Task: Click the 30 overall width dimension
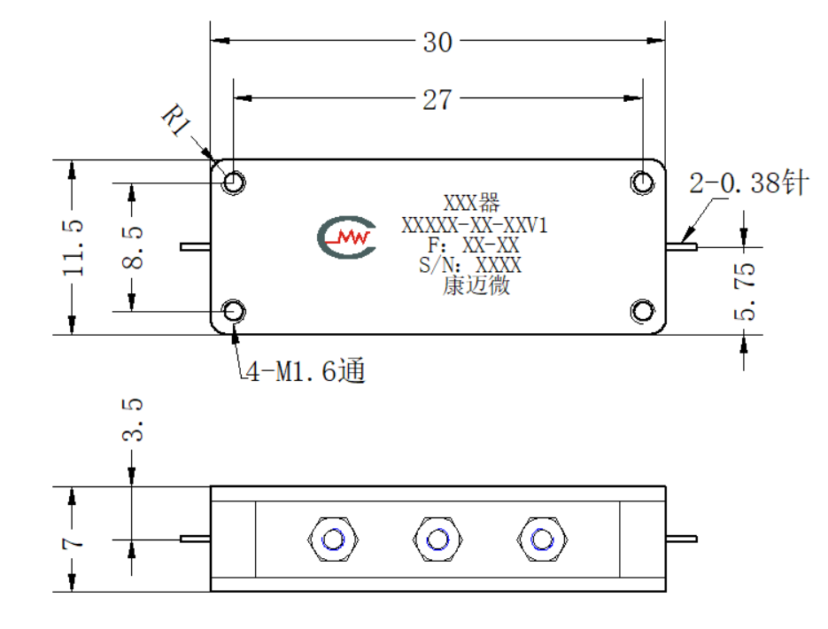point(437,42)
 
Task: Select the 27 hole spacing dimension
point(437,99)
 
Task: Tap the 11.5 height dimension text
point(73,248)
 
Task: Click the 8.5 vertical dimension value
point(132,248)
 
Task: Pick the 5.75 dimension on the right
point(745,291)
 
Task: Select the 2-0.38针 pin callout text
point(749,182)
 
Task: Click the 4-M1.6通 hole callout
point(306,370)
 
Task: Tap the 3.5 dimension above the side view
point(132,420)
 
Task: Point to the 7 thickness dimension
point(73,543)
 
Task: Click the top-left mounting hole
point(234,182)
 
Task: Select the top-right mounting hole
point(643,182)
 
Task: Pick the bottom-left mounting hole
point(234,311)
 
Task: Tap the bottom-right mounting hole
point(643,311)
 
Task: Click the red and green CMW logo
point(347,237)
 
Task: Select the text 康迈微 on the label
point(476,286)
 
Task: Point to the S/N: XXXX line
point(470,265)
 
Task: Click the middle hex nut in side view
point(437,540)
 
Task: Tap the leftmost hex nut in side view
point(333,540)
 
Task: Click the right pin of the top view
point(681,246)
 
